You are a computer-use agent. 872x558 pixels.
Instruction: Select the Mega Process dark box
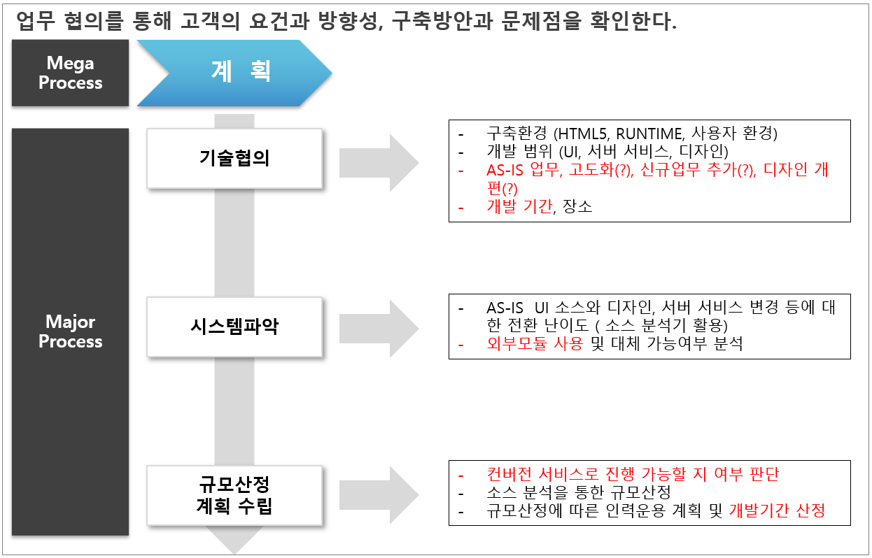(x=70, y=73)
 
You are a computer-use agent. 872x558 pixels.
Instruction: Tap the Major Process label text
(x=71, y=331)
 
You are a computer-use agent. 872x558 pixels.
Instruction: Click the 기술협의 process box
(x=234, y=159)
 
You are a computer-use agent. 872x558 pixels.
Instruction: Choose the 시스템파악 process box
(x=234, y=327)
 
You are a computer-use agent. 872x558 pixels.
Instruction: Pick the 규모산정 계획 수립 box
(x=234, y=495)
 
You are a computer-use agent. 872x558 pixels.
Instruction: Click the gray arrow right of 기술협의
(x=379, y=163)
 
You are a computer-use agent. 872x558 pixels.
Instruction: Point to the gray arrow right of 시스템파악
(x=379, y=329)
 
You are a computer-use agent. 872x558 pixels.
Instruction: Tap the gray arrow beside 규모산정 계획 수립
(x=379, y=495)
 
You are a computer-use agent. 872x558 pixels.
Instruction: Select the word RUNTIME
(x=649, y=134)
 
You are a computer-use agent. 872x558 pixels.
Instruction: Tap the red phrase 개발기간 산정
(x=777, y=510)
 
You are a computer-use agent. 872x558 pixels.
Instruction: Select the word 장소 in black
(x=577, y=206)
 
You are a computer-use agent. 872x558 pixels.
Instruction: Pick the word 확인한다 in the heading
(x=633, y=21)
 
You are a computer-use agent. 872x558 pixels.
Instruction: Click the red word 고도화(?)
(x=600, y=170)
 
